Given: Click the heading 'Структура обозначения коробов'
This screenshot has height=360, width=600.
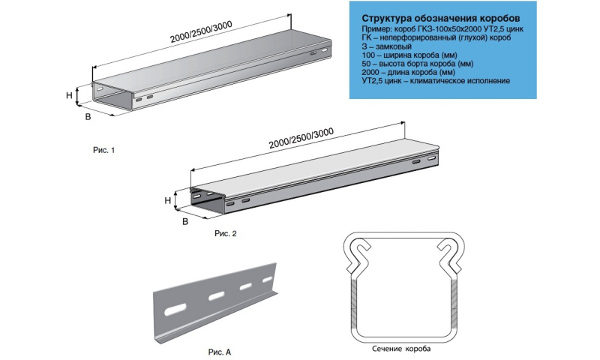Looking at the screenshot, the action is coord(441,18).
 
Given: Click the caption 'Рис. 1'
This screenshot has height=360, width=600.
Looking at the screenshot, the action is coord(103,150).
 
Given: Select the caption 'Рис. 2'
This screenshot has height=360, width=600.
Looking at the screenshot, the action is coord(226,233).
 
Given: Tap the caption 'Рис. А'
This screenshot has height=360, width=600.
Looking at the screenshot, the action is coord(220,352).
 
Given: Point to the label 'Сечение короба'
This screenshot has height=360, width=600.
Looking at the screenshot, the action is coord(401,349).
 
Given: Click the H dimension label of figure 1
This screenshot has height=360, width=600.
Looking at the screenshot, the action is coord(69,95).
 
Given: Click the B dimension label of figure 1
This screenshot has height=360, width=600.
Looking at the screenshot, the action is coord(88,117).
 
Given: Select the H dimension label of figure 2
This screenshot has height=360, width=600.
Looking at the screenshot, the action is coord(167,200).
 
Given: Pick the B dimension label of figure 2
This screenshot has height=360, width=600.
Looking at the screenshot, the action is coord(185,222).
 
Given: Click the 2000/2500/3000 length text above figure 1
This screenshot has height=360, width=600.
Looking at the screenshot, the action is coord(201,31).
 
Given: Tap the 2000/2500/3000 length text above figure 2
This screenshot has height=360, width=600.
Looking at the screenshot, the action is coord(301,138).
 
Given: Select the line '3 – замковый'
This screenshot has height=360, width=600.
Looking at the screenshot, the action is coord(386,46).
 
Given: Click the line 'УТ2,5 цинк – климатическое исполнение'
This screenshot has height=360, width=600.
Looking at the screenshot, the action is coord(436,81).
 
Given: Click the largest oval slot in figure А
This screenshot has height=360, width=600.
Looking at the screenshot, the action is coord(175,310).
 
